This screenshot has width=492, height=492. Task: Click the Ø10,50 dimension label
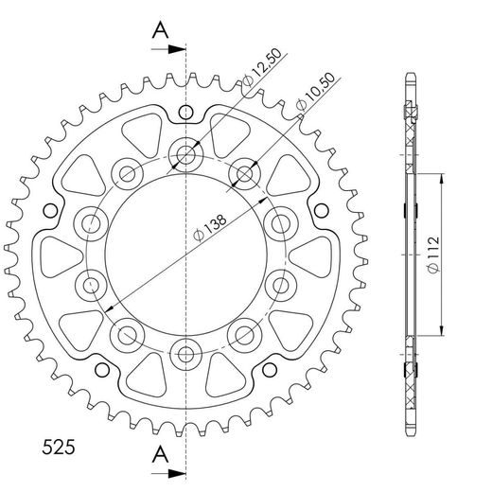(315, 92)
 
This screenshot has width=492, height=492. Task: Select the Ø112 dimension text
(433, 255)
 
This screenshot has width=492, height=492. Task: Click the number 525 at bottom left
(59, 448)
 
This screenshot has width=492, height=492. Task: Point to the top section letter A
(160, 30)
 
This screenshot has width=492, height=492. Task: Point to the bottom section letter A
(160, 454)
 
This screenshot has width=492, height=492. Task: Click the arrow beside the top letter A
(168, 49)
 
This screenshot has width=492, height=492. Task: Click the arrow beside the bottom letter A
(168, 473)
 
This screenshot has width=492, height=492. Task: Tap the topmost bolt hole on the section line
(185, 155)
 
